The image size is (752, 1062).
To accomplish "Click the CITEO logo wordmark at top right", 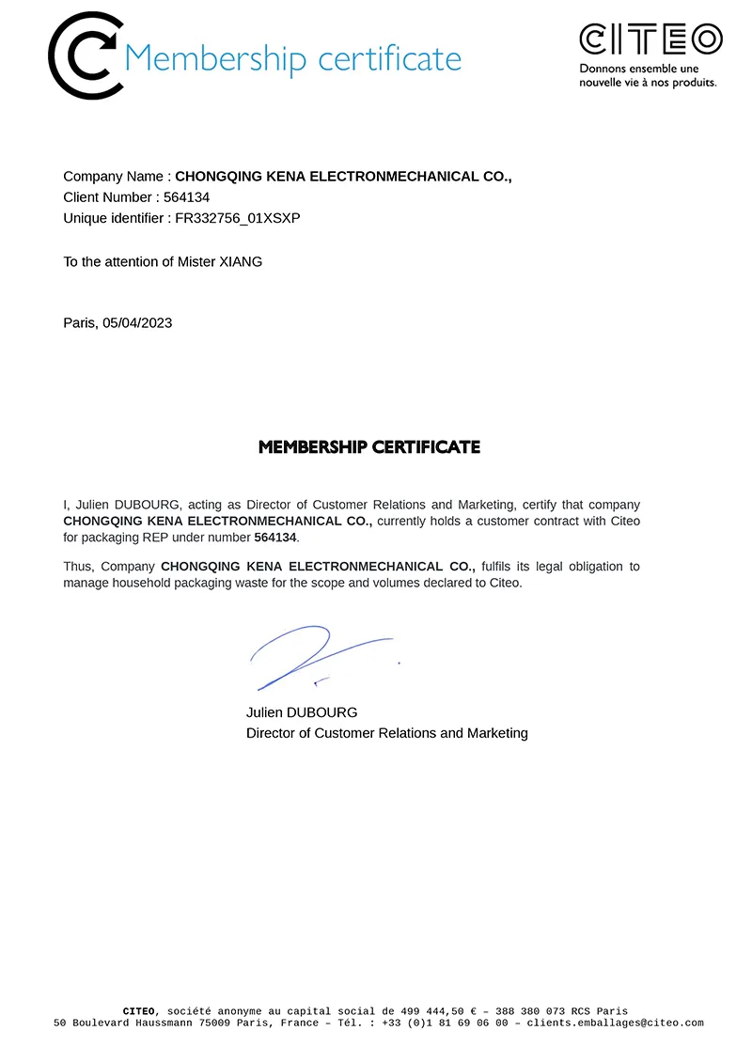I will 650,39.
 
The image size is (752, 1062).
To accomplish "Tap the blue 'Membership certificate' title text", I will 292,58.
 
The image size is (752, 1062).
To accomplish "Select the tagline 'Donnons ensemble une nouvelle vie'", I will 648,76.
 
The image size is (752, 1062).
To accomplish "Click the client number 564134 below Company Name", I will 186,197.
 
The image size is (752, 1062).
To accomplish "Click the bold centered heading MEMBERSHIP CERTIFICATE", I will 369,447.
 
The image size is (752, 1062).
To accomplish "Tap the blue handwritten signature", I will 310,655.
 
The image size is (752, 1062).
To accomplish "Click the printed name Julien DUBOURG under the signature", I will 302,712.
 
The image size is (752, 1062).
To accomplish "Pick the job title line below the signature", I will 387,733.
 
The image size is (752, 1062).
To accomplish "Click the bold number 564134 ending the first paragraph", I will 275,538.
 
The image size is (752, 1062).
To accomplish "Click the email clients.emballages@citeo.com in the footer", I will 615,1023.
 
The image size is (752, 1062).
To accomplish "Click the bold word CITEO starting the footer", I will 139,1011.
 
